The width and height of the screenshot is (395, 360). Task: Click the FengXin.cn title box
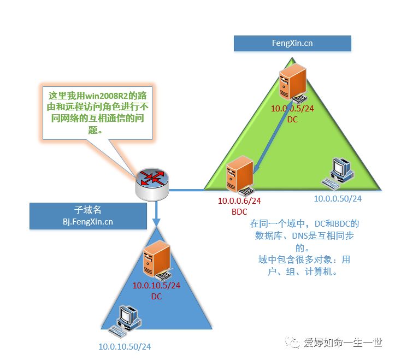click(x=292, y=43)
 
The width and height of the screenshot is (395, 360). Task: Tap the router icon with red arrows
click(x=152, y=184)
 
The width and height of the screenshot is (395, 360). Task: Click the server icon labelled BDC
click(x=240, y=175)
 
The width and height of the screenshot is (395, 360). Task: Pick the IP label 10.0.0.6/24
click(x=239, y=201)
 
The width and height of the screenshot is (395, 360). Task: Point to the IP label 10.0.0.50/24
click(x=338, y=198)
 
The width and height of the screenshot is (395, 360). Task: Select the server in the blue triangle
click(x=158, y=260)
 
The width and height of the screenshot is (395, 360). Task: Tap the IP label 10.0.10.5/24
click(x=156, y=285)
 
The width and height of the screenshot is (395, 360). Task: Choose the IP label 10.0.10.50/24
click(x=125, y=347)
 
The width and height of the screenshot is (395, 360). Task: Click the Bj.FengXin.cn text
click(x=88, y=222)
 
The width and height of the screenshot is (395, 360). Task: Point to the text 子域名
click(x=88, y=210)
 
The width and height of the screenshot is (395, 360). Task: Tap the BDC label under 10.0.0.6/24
click(x=239, y=212)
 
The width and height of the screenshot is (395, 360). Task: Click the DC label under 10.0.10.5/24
click(x=156, y=297)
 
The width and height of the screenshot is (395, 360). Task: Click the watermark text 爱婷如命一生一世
click(x=343, y=343)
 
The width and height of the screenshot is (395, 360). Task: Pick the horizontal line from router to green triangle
click(x=186, y=190)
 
